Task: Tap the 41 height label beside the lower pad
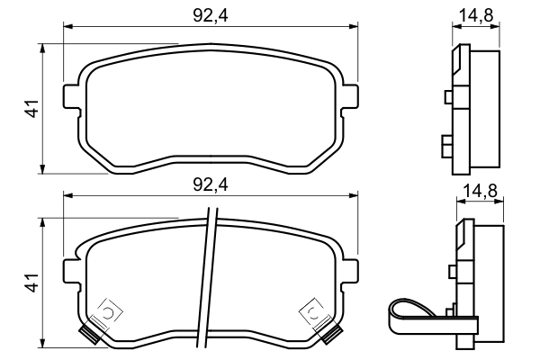[x=32, y=283]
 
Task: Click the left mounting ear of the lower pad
[x=71, y=270]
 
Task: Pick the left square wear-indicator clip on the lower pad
[x=108, y=312]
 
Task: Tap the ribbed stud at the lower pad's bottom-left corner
[x=89, y=336]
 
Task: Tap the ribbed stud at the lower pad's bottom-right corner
[x=331, y=336]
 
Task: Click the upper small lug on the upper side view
[x=449, y=97]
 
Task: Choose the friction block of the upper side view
[x=486, y=108]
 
